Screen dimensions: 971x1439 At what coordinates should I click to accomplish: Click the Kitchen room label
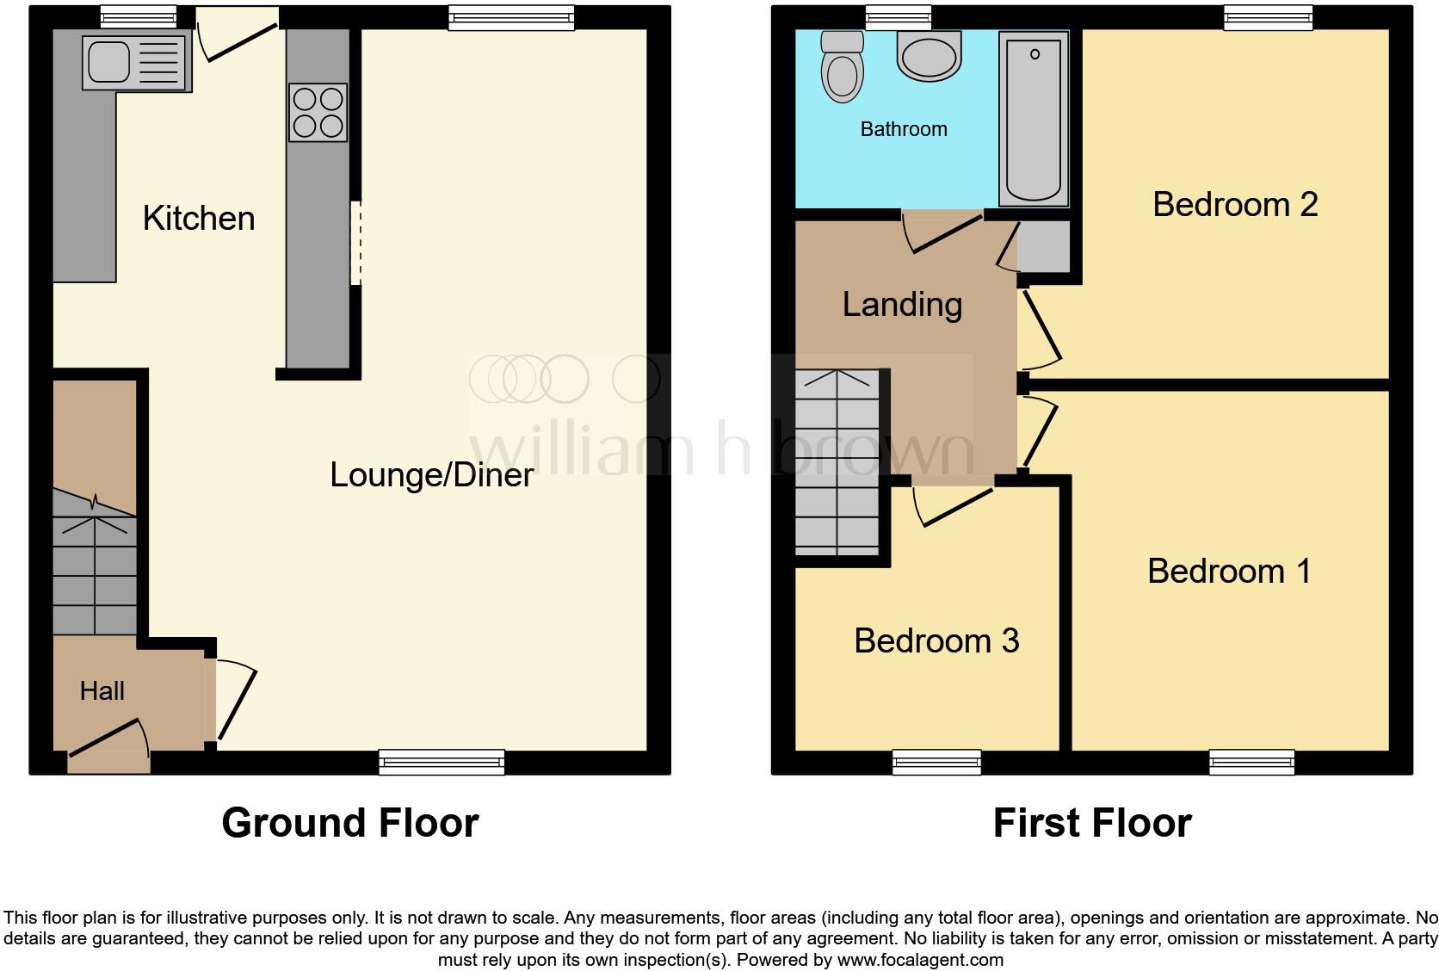point(199,219)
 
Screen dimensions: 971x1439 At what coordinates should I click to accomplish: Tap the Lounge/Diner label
point(431,474)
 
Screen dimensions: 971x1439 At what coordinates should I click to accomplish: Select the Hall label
point(102,690)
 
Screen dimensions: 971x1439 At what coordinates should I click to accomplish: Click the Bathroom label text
point(904,129)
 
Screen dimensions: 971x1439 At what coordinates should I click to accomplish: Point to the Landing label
point(902,304)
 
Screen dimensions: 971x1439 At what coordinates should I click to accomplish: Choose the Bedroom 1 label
point(1228,571)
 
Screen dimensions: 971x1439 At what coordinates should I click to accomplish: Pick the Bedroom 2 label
point(1235,204)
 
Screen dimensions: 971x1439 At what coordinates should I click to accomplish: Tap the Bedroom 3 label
point(936,640)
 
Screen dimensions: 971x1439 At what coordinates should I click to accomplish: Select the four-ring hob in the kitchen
point(318,112)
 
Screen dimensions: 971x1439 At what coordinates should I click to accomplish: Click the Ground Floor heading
point(349,823)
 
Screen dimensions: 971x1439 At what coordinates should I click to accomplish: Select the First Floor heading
point(1091,823)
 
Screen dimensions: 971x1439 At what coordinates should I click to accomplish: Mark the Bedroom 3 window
point(936,761)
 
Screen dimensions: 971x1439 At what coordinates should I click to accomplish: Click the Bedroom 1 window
point(1251,761)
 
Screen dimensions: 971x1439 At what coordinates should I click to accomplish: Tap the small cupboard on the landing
point(1044,245)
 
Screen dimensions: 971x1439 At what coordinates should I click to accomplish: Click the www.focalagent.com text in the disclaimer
point(920,959)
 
